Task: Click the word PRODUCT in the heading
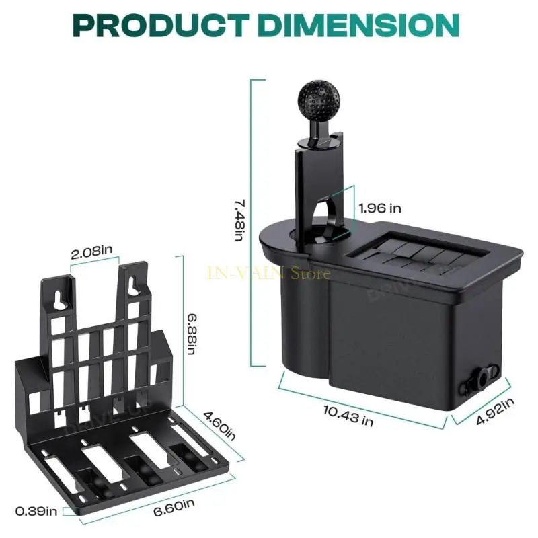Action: (161, 25)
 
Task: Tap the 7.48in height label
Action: (240, 221)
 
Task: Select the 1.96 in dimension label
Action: (380, 208)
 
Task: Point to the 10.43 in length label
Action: (348, 415)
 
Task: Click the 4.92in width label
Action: (495, 411)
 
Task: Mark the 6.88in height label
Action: (192, 334)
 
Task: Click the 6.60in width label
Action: (174, 508)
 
